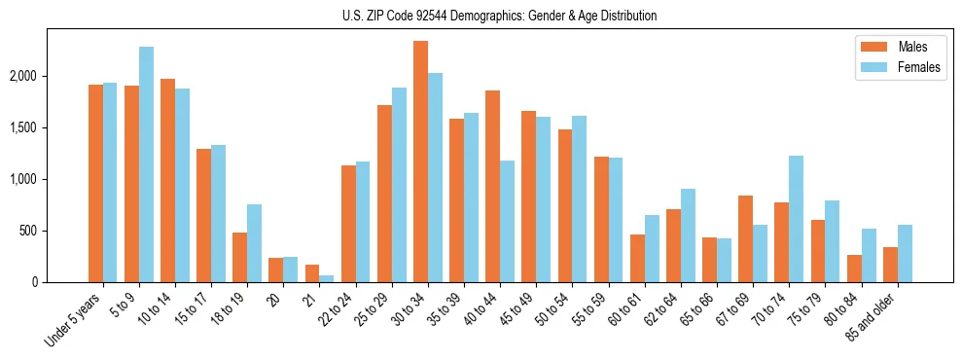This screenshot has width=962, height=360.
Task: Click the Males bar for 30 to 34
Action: click(420, 162)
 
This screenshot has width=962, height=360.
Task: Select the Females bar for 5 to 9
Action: click(146, 164)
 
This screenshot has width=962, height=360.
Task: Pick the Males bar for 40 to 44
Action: click(492, 186)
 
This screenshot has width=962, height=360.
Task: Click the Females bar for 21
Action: click(326, 278)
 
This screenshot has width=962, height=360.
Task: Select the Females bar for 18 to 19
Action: click(254, 243)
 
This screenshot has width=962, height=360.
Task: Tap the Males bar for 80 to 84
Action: click(854, 269)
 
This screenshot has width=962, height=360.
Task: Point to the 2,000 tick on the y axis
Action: click(45, 76)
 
